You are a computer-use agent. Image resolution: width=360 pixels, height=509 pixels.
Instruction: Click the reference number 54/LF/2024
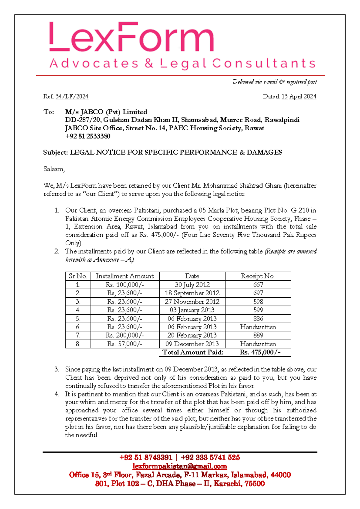(72, 97)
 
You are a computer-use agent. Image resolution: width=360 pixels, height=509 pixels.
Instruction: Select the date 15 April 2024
(299, 97)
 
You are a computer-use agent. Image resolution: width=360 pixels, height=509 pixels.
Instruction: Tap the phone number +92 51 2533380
(88, 136)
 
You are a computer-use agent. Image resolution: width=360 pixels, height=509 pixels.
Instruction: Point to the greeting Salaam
(54, 169)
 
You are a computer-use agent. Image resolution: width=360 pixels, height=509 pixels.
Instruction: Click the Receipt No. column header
(258, 276)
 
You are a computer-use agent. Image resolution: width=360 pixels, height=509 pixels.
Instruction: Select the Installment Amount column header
(124, 276)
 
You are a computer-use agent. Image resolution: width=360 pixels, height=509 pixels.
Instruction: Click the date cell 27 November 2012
(192, 302)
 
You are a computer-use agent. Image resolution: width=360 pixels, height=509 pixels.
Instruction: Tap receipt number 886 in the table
(258, 319)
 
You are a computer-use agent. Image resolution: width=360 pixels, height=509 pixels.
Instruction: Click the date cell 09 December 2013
(192, 344)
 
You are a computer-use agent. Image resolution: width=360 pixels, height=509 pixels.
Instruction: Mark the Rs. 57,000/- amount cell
(124, 344)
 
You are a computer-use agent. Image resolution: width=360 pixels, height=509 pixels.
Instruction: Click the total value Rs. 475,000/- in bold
(260, 352)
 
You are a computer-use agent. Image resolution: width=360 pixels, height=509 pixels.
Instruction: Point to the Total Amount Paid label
(193, 352)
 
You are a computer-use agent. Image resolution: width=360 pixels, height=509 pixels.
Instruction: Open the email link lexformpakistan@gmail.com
(180, 466)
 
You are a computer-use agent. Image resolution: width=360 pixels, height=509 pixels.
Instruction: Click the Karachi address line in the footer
(180, 483)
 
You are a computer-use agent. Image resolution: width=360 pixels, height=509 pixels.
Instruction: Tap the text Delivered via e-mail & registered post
(274, 82)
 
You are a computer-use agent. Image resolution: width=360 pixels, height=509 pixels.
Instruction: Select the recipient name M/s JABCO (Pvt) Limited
(106, 112)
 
